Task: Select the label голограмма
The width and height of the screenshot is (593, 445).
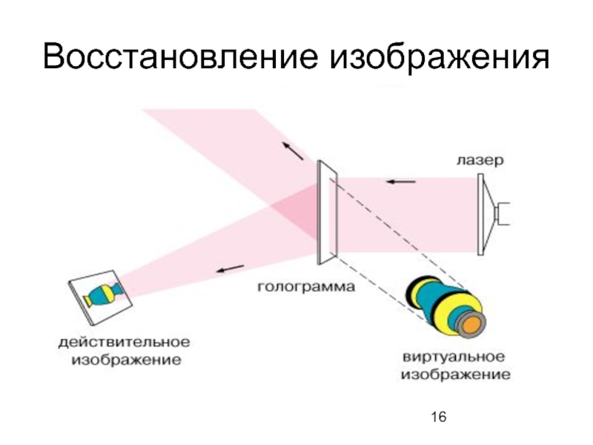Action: (305, 285)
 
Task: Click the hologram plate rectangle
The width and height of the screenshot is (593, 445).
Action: (327, 211)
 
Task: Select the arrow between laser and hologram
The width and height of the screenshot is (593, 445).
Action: (400, 181)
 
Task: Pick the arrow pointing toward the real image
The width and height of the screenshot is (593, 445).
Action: (230, 269)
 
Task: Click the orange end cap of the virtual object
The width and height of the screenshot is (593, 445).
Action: (468, 321)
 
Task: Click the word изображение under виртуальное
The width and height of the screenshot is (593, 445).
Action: (456, 375)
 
